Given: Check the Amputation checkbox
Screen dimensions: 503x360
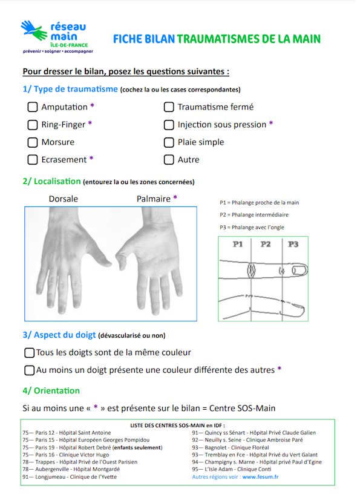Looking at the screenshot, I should coord(32,107).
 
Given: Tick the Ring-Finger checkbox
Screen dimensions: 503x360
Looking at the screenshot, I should coord(32,125).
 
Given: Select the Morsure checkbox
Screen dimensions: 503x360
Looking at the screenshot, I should coord(32,142).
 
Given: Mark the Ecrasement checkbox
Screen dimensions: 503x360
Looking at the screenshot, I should coord(32,160).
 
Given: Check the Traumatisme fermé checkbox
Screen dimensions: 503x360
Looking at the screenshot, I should coord(169,107).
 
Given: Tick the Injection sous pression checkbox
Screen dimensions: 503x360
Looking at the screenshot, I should coord(169,125).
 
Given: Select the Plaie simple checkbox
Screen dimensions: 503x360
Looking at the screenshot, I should coord(169,142).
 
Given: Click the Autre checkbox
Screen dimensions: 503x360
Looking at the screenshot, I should coord(169,160).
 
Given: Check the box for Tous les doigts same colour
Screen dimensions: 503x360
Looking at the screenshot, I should coord(29,352).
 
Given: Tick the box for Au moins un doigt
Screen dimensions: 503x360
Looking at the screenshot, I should coord(29,370).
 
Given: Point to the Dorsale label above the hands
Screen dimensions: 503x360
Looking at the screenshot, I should coord(63,198).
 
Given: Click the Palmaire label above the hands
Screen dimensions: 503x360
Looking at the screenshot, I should coord(154,198).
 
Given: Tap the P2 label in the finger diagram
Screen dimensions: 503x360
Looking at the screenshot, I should coord(265,245).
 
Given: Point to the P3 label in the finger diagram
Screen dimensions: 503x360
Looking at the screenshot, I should coord(293,245).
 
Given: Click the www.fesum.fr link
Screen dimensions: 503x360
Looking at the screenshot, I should coord(260,477).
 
